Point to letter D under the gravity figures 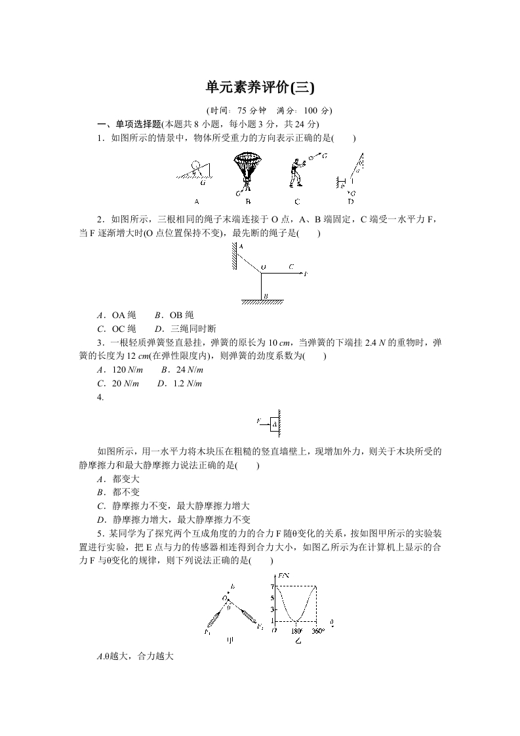pyautogui.click(x=350, y=201)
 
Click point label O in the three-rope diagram pyautogui.click(x=263, y=268)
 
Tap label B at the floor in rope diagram pyautogui.click(x=264, y=296)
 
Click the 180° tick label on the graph pyautogui.click(x=296, y=631)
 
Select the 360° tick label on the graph pyautogui.click(x=318, y=631)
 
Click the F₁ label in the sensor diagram pyautogui.click(x=207, y=632)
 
